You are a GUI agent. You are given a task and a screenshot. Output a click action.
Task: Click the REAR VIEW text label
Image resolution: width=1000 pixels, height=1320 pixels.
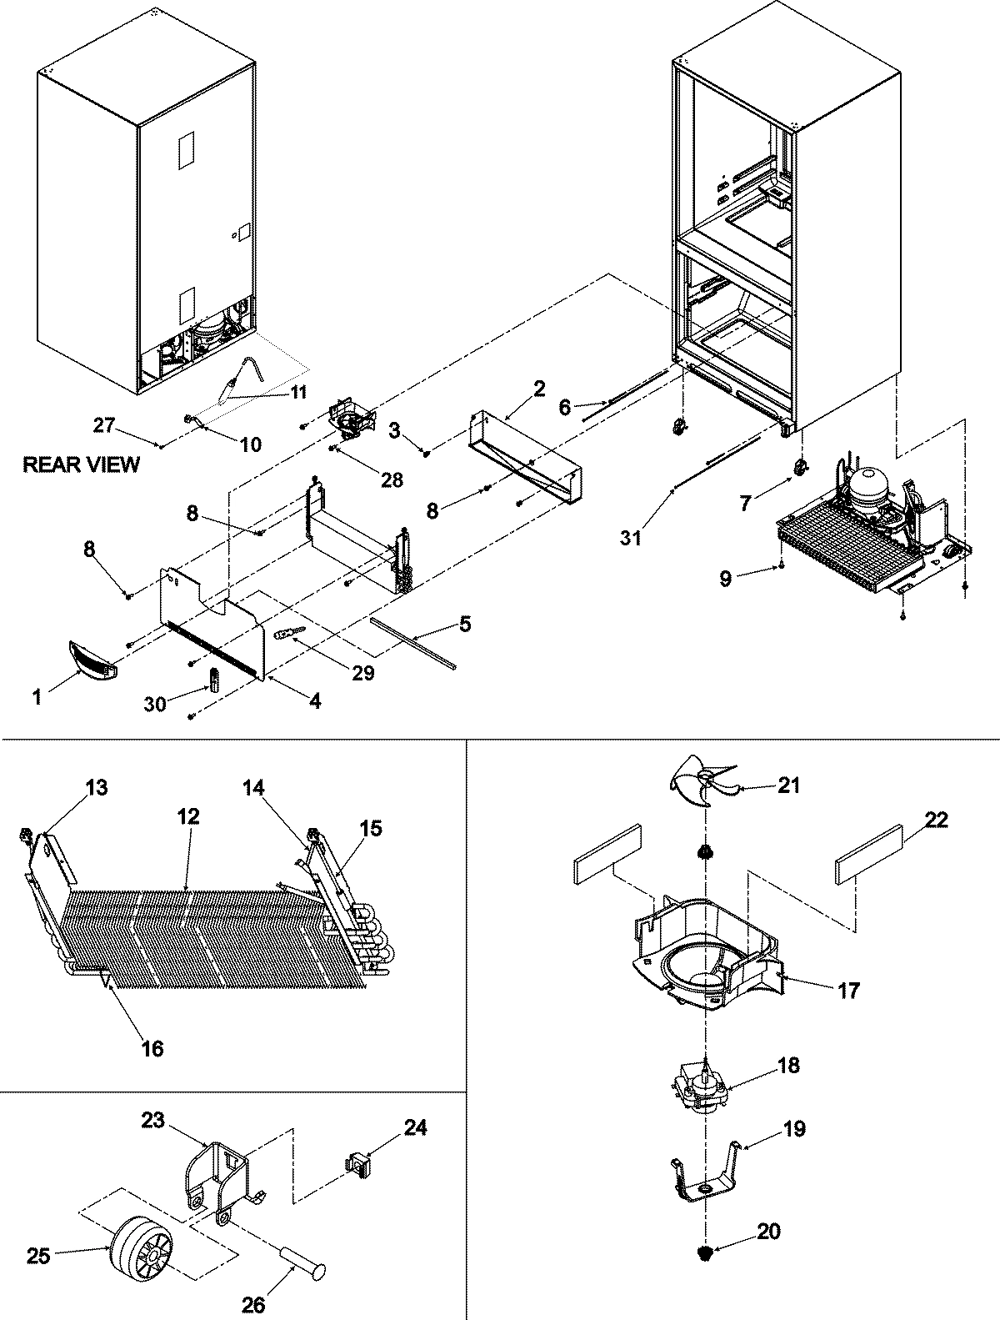tap(81, 465)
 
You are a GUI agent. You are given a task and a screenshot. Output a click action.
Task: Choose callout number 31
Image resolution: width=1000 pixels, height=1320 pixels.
tap(631, 539)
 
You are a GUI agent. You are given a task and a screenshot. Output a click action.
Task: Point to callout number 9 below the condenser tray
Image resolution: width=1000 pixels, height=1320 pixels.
tap(726, 579)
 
